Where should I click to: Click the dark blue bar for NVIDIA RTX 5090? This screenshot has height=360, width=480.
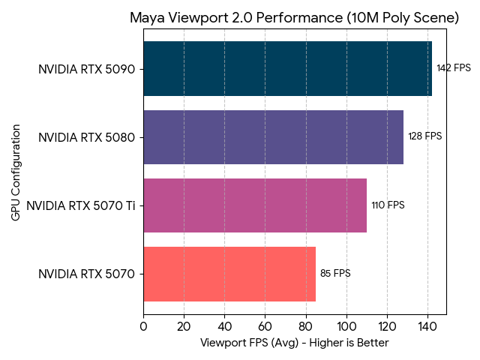click(287, 69)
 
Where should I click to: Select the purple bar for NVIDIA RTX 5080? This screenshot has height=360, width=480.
click(273, 137)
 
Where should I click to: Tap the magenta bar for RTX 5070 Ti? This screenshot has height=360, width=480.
click(255, 205)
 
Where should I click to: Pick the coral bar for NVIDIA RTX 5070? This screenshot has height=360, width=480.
click(229, 274)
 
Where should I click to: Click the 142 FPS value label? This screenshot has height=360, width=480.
click(454, 68)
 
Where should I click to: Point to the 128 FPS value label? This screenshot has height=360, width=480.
click(425, 136)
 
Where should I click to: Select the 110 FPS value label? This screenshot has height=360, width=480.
click(388, 205)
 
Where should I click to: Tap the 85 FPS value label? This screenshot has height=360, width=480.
click(335, 274)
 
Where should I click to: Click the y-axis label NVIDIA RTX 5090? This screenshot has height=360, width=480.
click(86, 69)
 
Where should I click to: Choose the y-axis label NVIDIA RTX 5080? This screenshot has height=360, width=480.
click(86, 137)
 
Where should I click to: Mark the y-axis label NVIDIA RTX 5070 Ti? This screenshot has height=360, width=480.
click(80, 205)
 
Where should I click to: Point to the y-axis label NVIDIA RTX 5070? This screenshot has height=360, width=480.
click(86, 274)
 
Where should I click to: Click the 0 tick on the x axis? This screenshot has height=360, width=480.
click(143, 326)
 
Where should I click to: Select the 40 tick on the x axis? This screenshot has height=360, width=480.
click(224, 326)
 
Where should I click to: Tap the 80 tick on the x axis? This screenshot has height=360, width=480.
click(305, 326)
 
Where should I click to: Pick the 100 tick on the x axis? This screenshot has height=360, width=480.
click(346, 326)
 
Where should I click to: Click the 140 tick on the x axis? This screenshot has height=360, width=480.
click(427, 326)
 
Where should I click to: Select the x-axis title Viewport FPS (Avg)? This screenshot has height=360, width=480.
click(295, 343)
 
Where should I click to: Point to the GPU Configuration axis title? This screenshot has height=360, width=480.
click(16, 171)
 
